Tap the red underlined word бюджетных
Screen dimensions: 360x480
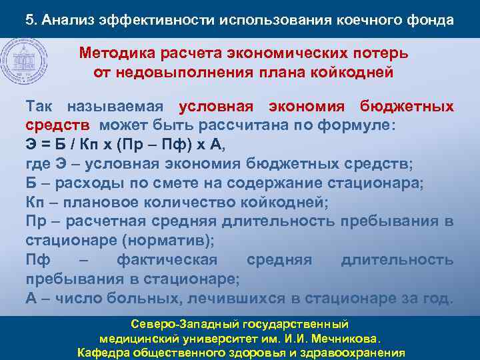407,107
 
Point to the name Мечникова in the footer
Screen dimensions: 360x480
348,339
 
